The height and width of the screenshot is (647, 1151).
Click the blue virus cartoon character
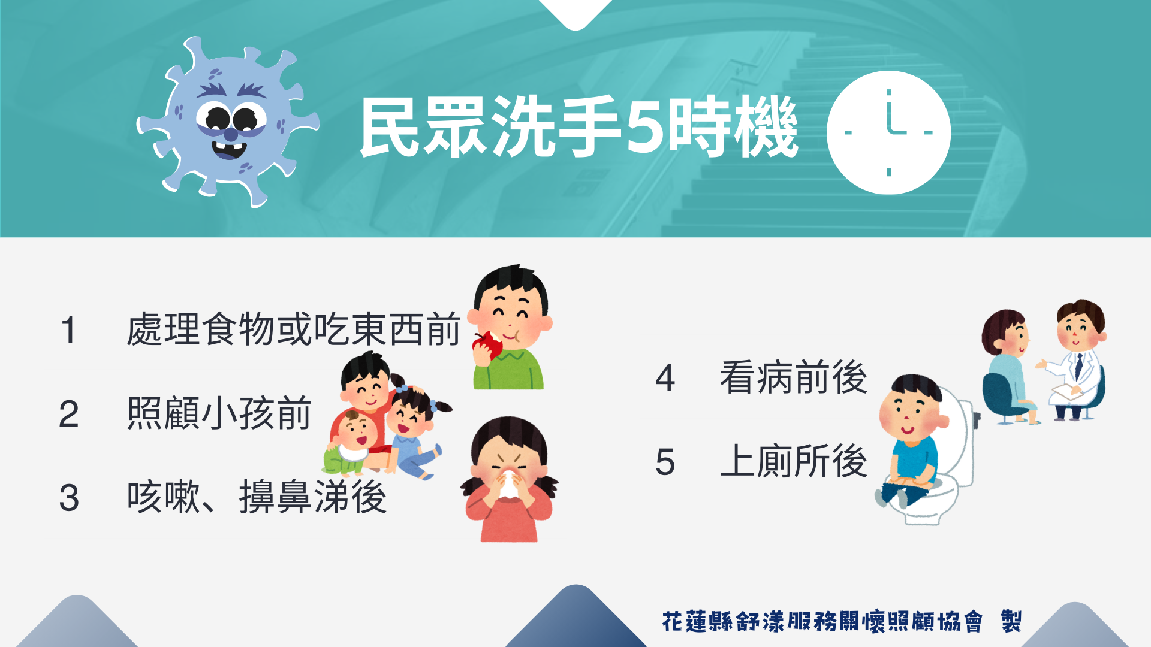pyautogui.click(x=228, y=123)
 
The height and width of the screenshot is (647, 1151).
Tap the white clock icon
pyautogui.click(x=888, y=132)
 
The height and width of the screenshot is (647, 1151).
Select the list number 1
pyautogui.click(x=69, y=330)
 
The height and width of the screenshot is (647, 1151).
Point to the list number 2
pyautogui.click(x=69, y=414)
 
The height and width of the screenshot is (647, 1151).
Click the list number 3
pyautogui.click(x=69, y=498)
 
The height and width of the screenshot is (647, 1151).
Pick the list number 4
pyautogui.click(x=665, y=378)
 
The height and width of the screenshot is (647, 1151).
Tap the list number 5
pyautogui.click(x=665, y=462)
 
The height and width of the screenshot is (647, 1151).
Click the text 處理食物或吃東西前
pyautogui.click(x=294, y=329)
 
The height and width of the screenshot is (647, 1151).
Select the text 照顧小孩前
pyautogui.click(x=219, y=413)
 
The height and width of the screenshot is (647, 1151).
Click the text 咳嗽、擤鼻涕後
pyautogui.click(x=257, y=497)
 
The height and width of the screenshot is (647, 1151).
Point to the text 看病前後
pyautogui.click(x=794, y=377)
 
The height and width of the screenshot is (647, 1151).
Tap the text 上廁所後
pyautogui.click(x=794, y=461)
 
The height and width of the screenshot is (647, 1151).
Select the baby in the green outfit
pyautogui.click(x=351, y=443)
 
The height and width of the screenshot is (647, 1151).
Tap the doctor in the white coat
pyautogui.click(x=1076, y=359)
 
